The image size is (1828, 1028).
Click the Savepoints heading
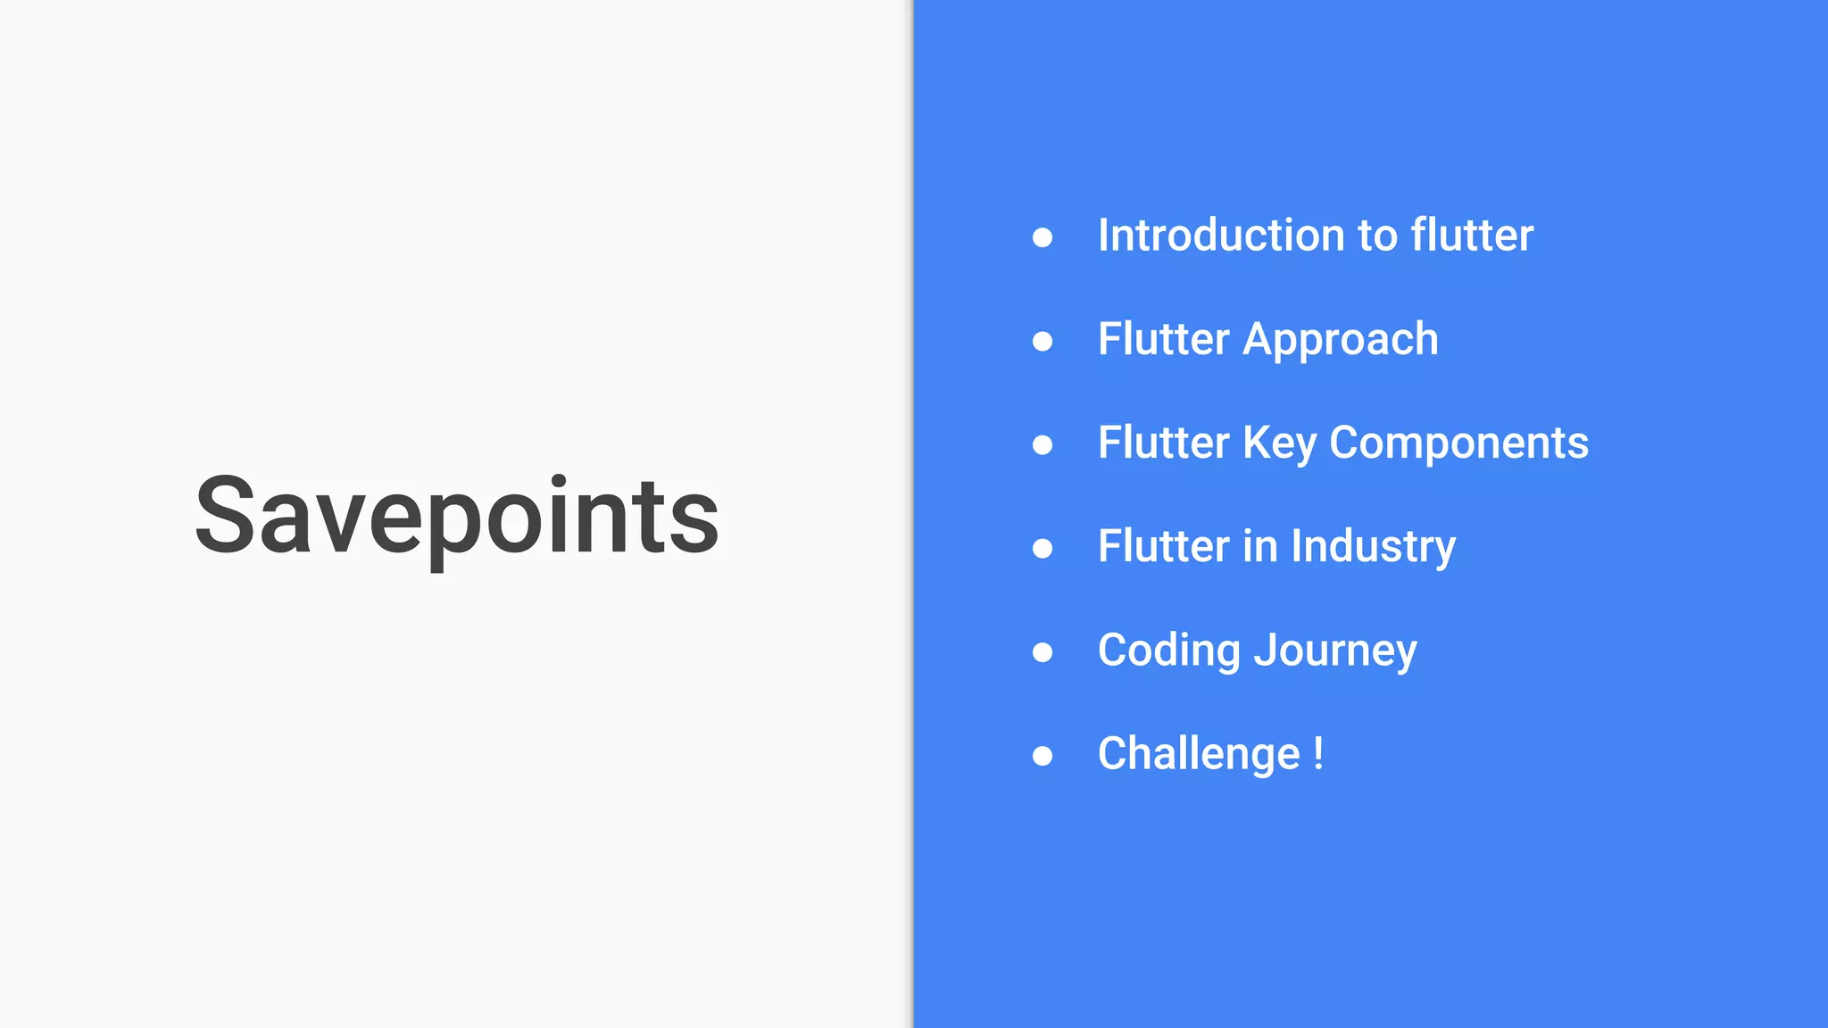coord(457,516)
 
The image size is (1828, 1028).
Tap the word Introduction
coord(1220,236)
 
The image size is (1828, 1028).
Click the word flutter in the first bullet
coord(1472,236)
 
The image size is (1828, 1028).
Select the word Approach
coord(1341,340)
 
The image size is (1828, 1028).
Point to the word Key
coord(1279,444)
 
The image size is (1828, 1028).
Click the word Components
coord(1458,444)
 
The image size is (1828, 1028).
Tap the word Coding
coord(1168,651)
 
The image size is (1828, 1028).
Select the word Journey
coord(1335,651)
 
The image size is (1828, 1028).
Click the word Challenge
coord(1199,754)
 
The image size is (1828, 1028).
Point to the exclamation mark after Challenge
coord(1318,754)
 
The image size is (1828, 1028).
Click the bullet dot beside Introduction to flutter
coord(1043,237)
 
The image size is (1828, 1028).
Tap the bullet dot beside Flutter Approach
coord(1043,341)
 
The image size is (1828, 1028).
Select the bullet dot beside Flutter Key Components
coord(1043,444)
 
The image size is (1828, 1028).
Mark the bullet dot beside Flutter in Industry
coord(1043,548)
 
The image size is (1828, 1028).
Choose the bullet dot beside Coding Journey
coord(1043,652)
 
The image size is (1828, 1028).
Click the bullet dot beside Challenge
coord(1043,756)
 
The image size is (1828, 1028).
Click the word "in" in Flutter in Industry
coord(1260,547)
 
